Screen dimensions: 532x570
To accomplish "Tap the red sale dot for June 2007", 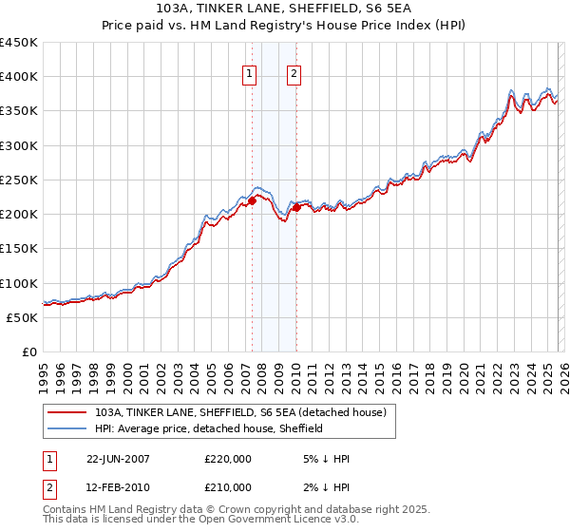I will click(252, 199).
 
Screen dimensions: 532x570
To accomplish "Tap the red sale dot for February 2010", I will click(296, 206).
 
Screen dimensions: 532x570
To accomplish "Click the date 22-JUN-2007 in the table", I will click(118, 458).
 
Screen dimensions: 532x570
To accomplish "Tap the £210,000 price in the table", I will click(228, 487).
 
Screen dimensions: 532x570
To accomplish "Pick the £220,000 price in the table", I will click(228, 458).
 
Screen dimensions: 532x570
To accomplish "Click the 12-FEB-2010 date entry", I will click(118, 487).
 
